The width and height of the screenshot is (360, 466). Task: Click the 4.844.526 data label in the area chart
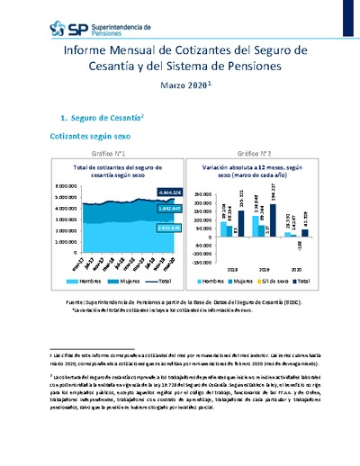(145, 193)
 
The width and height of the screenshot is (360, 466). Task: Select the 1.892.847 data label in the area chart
(145, 209)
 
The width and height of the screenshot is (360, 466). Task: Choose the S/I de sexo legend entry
(274, 282)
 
